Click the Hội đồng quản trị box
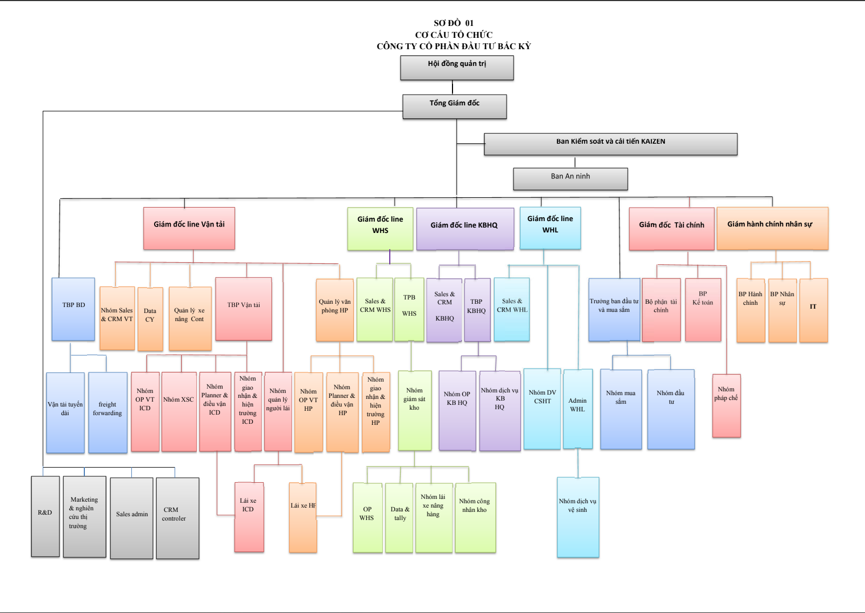point(457,68)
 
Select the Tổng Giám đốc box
point(454,106)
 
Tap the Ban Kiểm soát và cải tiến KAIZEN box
point(610,144)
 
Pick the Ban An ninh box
point(570,179)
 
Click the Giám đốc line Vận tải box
point(189,228)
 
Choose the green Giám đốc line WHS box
point(380,229)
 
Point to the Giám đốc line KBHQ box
point(464,229)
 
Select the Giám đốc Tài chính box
point(671,229)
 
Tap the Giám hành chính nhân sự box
point(772,228)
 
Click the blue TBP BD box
point(74,309)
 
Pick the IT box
point(813,310)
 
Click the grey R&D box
point(45,516)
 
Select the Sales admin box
point(132,518)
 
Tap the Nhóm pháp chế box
point(726,405)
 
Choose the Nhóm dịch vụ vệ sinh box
point(578,517)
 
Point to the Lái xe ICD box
point(249,517)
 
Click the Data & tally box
point(400,517)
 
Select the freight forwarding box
point(108,412)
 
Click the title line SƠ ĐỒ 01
point(454,23)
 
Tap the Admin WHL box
point(577,409)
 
